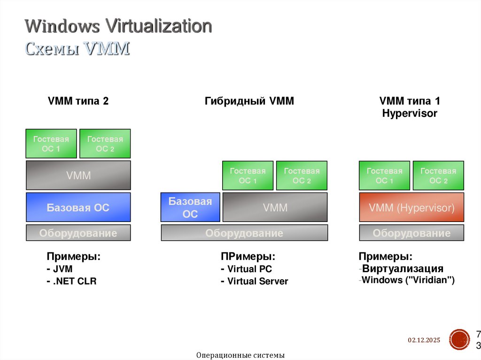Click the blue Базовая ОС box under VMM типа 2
[78, 207]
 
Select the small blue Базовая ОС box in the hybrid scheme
[190, 207]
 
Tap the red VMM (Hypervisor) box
[411, 207]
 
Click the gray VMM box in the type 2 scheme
[78, 176]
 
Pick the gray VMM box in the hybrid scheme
[275, 207]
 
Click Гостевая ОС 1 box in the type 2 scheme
[51, 144]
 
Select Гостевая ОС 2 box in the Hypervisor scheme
[438, 176]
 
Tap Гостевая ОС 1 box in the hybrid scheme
[248, 176]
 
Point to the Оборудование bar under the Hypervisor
[411, 233]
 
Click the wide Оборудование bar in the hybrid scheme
[244, 233]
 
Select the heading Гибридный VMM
[249, 101]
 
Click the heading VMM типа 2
[78, 101]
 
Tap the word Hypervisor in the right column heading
[410, 113]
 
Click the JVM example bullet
[60, 269]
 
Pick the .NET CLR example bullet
[71, 282]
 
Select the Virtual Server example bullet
[254, 282]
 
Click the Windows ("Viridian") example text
[408, 281]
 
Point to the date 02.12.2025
[424, 340]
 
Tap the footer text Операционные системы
[240, 355]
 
